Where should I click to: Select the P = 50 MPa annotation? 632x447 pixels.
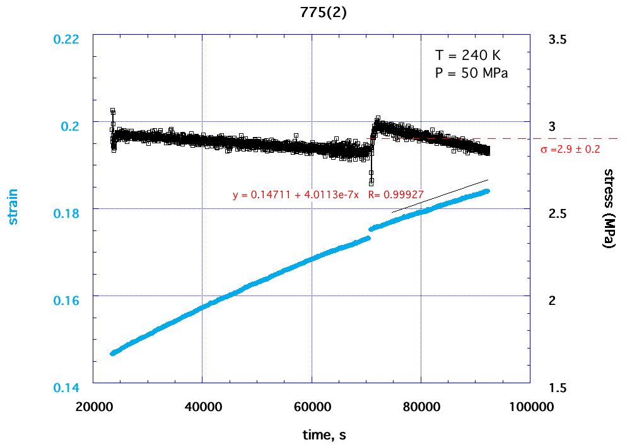pos(472,73)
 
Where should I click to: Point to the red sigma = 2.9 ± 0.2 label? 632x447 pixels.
pos(570,150)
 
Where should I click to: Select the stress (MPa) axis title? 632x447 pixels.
pos(609,209)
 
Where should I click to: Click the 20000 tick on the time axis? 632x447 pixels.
pos(93,407)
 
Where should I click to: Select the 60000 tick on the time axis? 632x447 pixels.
pos(312,407)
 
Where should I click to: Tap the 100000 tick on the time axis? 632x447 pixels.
pos(529,407)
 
